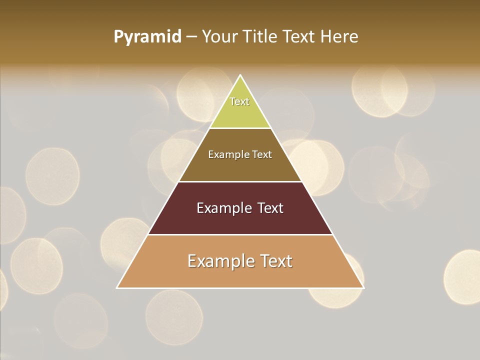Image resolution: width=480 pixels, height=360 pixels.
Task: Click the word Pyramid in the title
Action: tap(147, 37)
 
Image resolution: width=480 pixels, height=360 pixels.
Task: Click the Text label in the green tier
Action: tap(239, 102)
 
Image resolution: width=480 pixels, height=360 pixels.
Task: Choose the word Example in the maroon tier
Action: tap(223, 208)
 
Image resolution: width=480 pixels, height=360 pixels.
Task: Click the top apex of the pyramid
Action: tap(240, 76)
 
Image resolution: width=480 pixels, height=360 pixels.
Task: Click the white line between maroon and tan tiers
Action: tap(240, 234)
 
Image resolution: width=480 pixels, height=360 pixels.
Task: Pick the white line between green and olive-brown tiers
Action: tap(240, 128)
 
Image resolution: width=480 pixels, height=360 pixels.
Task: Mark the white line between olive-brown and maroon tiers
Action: tap(240, 181)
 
